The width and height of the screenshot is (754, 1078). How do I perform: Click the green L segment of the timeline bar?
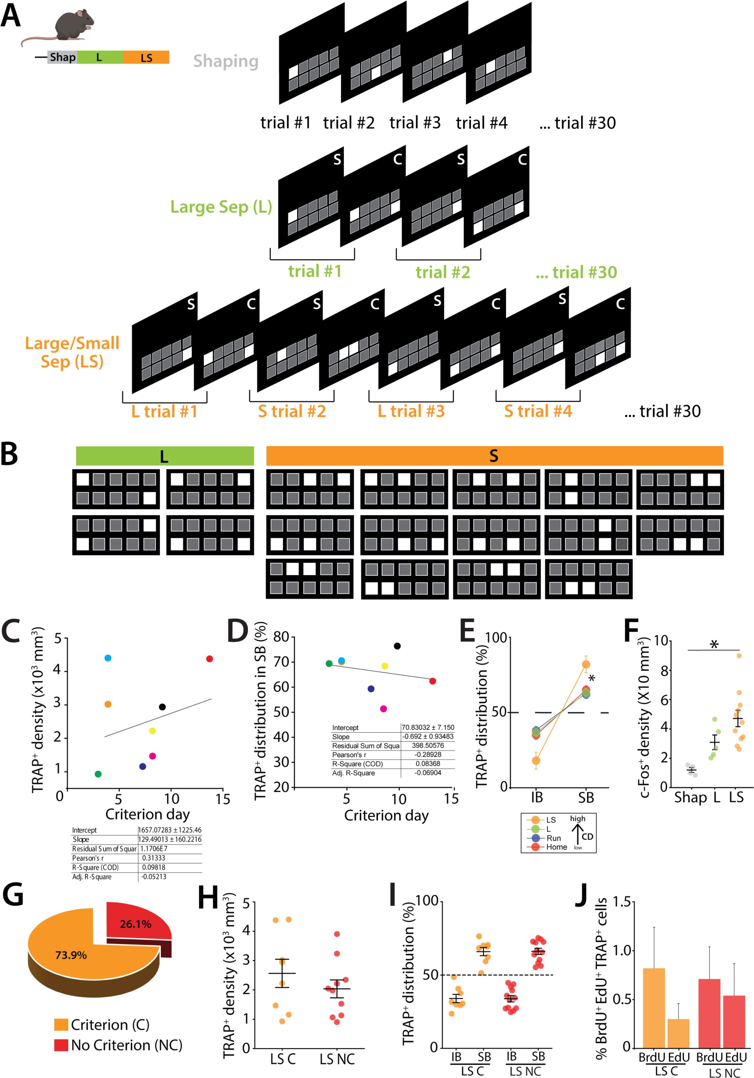click(x=100, y=57)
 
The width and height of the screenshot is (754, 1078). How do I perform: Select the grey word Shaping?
click(x=226, y=61)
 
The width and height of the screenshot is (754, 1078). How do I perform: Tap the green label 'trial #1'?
click(x=315, y=271)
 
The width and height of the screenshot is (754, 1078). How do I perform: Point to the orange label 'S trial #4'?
click(x=538, y=411)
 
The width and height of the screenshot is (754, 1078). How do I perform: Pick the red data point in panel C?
click(x=209, y=659)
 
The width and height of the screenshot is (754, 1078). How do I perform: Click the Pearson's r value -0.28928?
click(x=428, y=754)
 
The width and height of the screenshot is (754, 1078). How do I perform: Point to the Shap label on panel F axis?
click(x=690, y=798)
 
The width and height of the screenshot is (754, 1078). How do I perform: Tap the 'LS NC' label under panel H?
click(x=337, y=1059)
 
